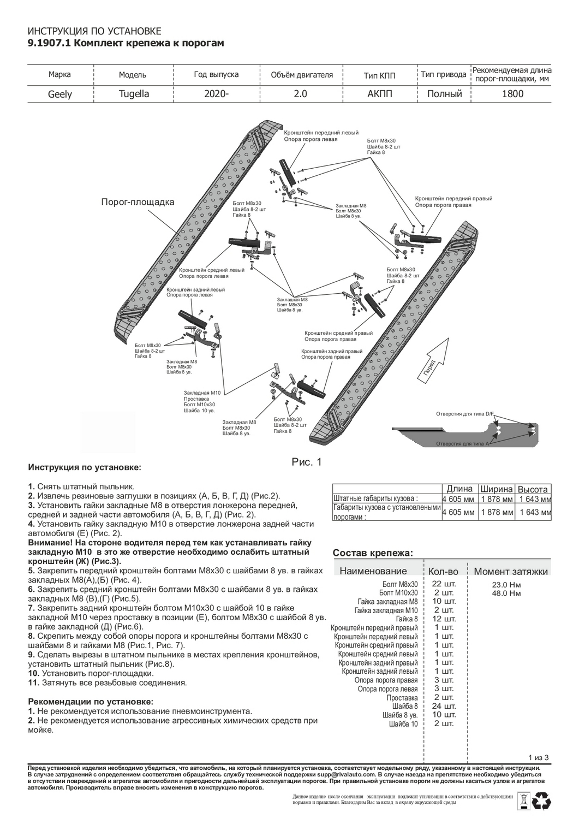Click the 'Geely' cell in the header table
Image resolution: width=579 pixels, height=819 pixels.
60,94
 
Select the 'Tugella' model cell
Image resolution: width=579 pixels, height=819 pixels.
134,94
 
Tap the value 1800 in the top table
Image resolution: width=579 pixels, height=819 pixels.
512,94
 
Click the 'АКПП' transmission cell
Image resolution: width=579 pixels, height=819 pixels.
380,94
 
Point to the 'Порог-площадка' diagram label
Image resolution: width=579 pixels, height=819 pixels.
138,202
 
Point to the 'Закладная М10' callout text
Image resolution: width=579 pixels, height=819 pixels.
202,393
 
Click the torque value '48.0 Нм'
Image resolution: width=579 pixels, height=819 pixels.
506,593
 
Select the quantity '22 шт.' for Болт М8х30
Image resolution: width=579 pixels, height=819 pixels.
443,584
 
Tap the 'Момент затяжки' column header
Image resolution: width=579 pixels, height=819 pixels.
510,571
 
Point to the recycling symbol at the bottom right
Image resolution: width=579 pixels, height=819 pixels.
543,801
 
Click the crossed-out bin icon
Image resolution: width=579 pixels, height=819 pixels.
522,801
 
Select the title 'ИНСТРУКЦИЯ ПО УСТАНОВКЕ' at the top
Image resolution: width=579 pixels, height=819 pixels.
94,32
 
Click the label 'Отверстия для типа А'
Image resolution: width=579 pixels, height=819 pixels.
463,444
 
